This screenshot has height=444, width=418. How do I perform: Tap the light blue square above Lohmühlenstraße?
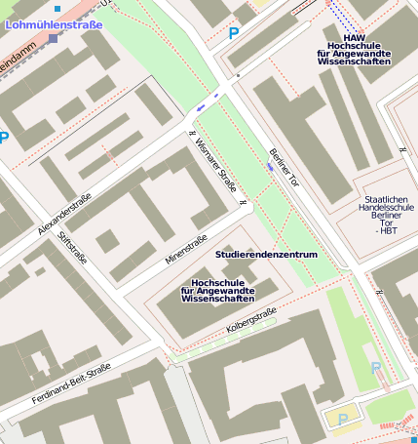coord(57,8)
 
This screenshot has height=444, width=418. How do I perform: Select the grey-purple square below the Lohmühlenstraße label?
coord(53,39)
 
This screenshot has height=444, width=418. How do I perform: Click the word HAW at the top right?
coord(354,38)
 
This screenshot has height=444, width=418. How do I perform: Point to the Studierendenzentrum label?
coord(266,255)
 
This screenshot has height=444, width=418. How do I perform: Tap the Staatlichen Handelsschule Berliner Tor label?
coord(388,207)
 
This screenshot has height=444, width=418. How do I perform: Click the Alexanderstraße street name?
coord(64,214)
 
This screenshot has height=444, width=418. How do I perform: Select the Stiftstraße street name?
coord(72,253)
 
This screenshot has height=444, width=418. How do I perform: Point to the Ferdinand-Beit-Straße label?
coord(71,384)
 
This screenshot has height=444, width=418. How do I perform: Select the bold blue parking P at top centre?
coord(233,33)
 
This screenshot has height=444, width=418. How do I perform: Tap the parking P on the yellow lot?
coord(343,419)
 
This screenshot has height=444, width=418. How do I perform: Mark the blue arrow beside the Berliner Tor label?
coord(270,168)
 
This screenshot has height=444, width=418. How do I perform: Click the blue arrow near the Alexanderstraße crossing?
coord(201,107)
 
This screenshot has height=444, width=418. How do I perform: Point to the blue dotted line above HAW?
coord(342,14)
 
